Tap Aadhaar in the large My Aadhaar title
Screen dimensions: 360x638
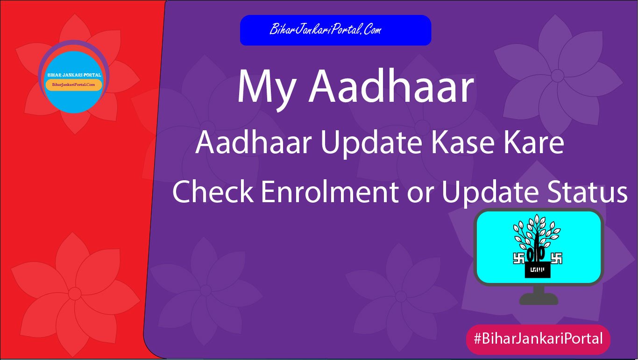391,87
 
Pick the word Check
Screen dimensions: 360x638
213,192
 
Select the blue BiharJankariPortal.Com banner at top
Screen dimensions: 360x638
335,30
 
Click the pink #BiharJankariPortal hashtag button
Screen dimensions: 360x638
538,339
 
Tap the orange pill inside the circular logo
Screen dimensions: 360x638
74,85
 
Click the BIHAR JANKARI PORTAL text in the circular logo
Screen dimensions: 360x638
74,75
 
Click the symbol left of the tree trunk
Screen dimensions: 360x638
519,258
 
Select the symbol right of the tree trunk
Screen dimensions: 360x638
556,258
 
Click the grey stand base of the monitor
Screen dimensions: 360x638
539,299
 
